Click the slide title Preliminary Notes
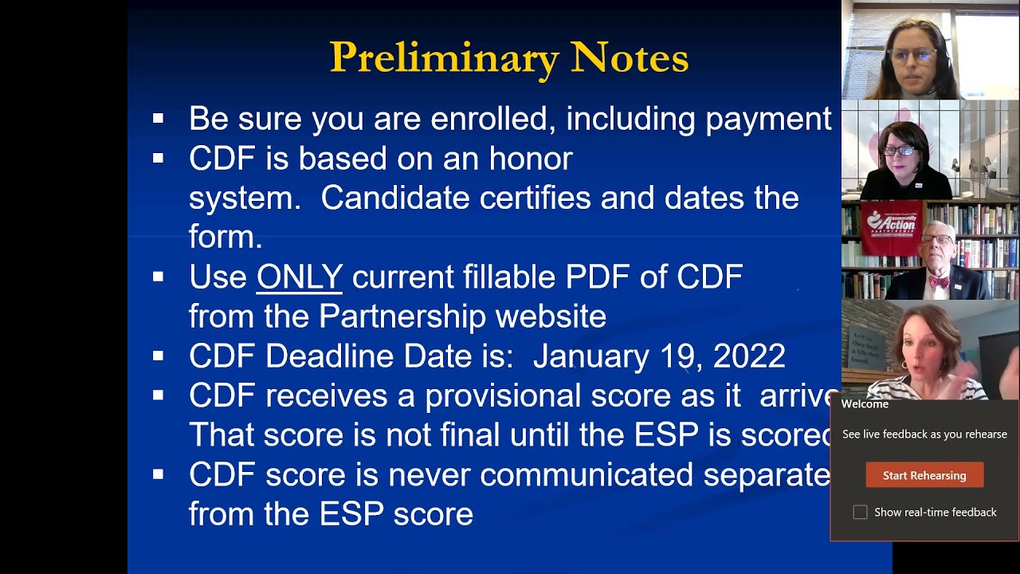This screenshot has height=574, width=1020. (509, 57)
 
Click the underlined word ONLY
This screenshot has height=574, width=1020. (300, 277)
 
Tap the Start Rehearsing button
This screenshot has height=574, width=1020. (924, 475)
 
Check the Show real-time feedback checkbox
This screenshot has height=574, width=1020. (860, 513)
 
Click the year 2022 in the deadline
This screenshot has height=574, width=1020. (749, 356)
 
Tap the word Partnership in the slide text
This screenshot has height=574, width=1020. (402, 316)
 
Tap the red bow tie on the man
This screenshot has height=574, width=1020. (939, 282)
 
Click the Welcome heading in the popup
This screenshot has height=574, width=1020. (865, 404)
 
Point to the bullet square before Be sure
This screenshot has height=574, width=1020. (158, 119)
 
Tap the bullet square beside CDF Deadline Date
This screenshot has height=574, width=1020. (158, 356)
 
